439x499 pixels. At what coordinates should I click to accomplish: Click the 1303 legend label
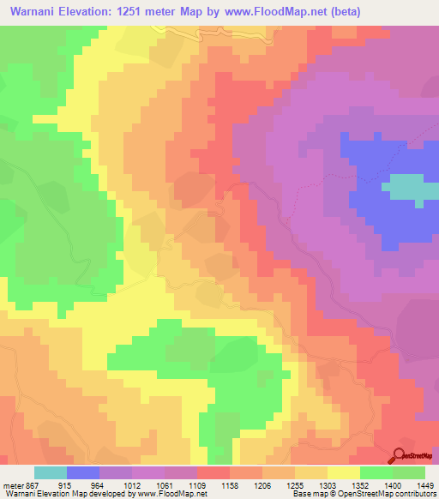[x=328, y=486]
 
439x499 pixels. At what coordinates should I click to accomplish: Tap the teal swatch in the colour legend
[x=51, y=472]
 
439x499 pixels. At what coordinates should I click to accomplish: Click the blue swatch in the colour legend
[x=83, y=472]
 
